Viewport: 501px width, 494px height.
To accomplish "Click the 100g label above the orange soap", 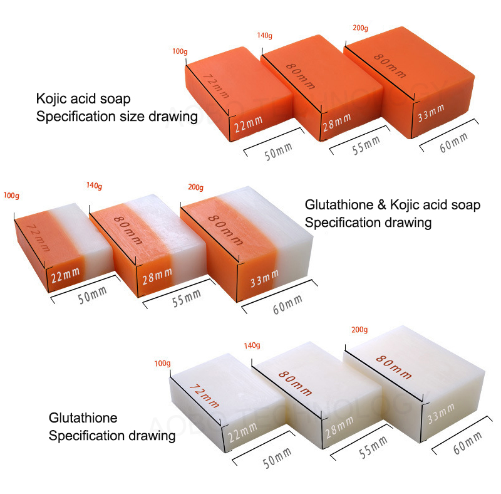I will coord(180,51).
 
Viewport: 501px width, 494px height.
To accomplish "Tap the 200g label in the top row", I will coord(361,29).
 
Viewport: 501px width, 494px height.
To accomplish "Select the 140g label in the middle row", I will coord(94,186).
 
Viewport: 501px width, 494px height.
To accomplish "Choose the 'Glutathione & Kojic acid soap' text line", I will coord(393,205).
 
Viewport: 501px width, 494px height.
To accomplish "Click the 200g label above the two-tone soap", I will coord(196,187).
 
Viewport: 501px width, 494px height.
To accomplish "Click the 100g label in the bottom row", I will coord(162,364).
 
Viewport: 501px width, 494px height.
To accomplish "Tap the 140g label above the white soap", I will coord(252,345).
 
